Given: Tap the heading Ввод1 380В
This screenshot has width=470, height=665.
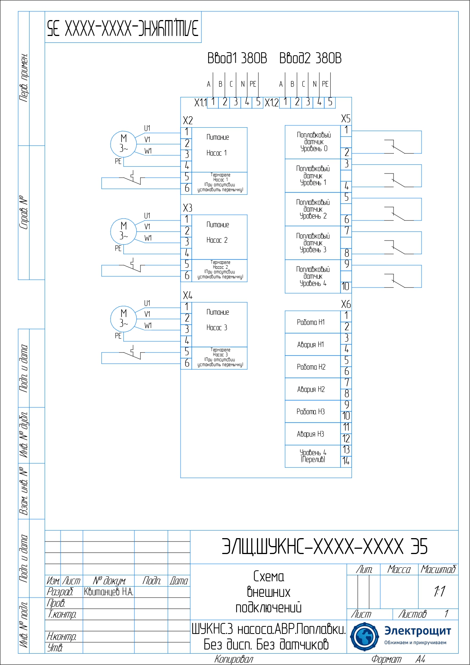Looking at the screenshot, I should tap(237, 58).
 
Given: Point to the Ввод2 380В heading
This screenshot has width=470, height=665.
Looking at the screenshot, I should tap(310, 58).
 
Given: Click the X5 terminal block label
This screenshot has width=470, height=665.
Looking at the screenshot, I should tap(345, 119).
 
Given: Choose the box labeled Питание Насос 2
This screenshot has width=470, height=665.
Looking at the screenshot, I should tap(219, 237).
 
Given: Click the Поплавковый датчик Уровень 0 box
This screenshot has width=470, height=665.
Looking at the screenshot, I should tap(313, 142).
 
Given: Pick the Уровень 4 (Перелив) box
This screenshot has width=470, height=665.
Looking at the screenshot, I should tap(313, 456).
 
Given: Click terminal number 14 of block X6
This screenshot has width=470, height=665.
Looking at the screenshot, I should tap(346, 461).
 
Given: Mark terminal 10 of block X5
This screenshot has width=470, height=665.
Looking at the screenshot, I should tap(346, 286).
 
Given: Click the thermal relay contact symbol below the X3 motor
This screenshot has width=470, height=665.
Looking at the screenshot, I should tap(132, 265).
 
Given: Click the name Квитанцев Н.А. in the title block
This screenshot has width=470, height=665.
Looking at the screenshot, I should tap(109, 592).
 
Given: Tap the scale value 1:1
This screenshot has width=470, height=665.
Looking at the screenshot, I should tap(439, 592).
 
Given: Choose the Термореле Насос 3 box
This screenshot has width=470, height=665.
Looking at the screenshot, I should tap(219, 357).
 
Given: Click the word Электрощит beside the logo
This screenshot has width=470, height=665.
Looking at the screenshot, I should tap(417, 631).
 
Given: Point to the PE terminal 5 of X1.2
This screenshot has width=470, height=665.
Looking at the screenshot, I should tap(330, 102).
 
